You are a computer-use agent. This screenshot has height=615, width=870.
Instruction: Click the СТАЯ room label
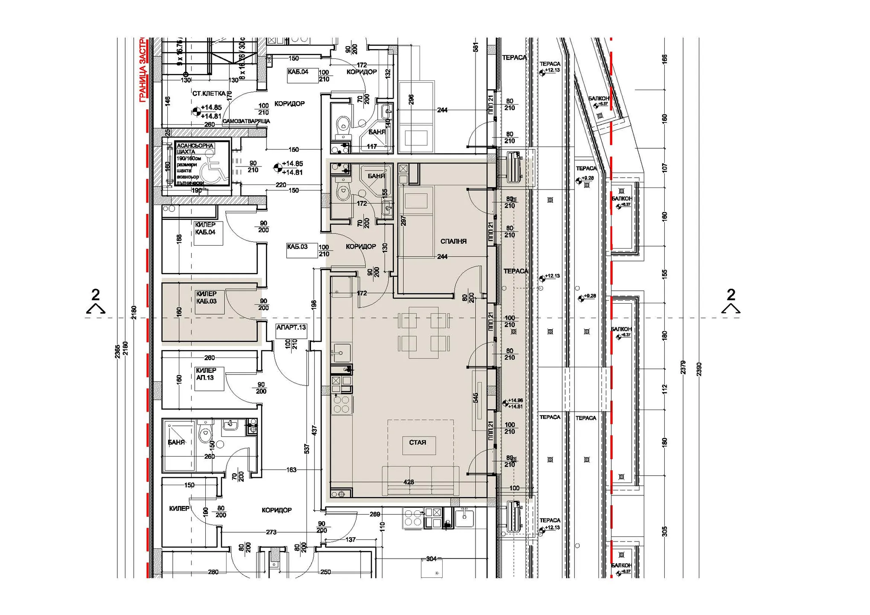pyautogui.click(x=417, y=442)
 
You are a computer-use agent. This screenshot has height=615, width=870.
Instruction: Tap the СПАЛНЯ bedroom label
pyautogui.click(x=453, y=241)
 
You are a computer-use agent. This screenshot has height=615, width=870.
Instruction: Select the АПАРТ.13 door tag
pyautogui.click(x=291, y=328)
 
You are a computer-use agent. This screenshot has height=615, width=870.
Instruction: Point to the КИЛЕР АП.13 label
pyautogui.click(x=206, y=374)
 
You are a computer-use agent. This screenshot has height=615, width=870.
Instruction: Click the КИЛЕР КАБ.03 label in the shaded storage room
pyautogui.click(x=207, y=298)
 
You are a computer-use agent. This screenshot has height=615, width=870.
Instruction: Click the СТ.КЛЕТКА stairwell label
pyautogui.click(x=209, y=94)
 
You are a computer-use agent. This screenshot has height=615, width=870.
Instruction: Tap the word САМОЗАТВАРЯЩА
pyautogui.click(x=246, y=121)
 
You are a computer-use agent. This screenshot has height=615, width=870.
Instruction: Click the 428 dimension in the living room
pyautogui.click(x=409, y=482)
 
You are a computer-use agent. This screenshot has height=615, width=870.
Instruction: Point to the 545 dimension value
pyautogui.click(x=476, y=398)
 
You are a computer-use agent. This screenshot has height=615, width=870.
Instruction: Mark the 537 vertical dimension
pyautogui.click(x=307, y=448)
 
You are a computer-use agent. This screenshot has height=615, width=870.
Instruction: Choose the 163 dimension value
pyautogui.click(x=291, y=470)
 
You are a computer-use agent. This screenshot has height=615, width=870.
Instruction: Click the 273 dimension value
pyautogui.click(x=271, y=532)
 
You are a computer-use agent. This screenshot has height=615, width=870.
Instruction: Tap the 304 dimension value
pyautogui.click(x=431, y=559)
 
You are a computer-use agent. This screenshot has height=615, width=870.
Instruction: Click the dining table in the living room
pyautogui.click(x=423, y=332)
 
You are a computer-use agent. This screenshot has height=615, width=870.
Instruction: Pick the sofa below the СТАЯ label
pyautogui.click(x=420, y=480)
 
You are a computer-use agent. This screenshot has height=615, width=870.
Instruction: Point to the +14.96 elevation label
pyautogui.click(x=515, y=401)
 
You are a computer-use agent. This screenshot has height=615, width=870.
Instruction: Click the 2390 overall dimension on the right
pyautogui.click(x=699, y=369)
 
